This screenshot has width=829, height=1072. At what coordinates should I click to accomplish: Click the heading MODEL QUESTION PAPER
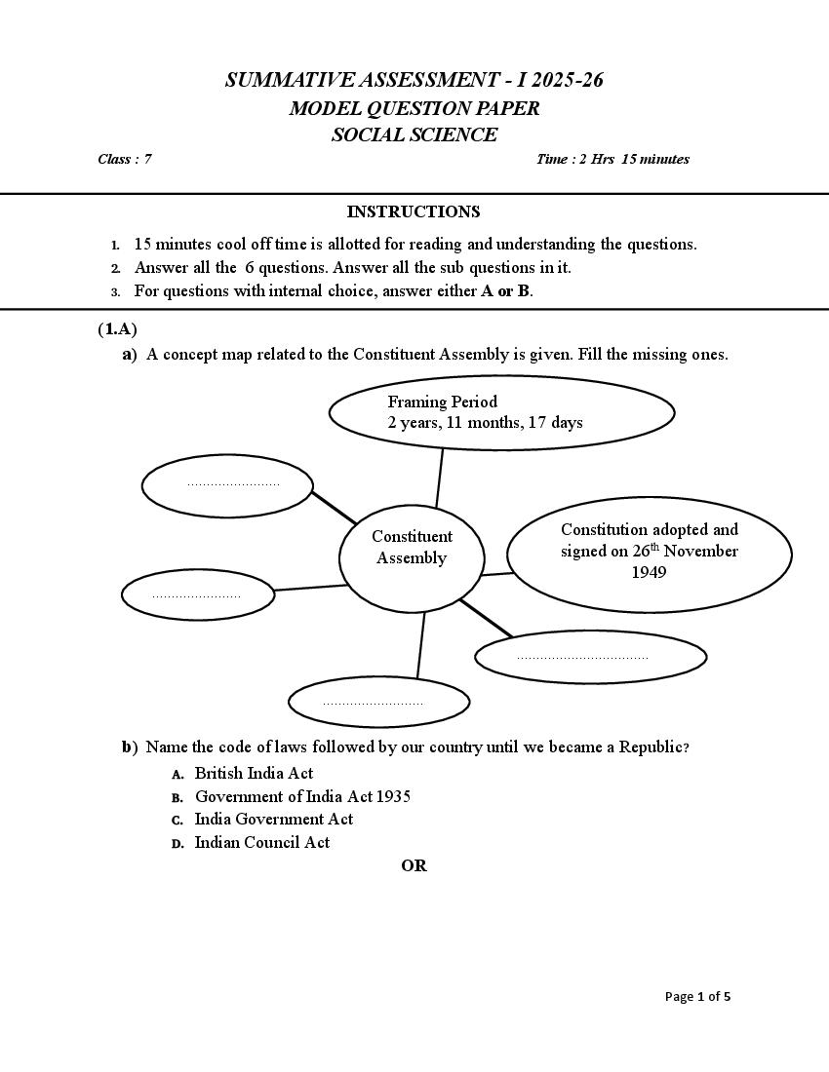click(414, 108)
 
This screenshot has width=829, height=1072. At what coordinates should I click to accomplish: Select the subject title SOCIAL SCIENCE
click(414, 135)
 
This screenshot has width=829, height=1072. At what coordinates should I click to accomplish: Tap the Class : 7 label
click(124, 159)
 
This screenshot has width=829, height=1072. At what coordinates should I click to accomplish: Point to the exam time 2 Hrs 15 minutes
click(612, 159)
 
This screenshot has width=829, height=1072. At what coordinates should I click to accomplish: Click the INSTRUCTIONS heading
click(414, 211)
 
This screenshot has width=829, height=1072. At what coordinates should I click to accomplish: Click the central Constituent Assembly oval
click(412, 556)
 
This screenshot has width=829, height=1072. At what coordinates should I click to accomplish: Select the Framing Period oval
click(501, 412)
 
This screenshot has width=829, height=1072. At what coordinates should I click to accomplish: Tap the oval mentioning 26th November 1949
click(649, 551)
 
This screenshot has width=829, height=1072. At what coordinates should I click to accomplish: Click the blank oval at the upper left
click(227, 484)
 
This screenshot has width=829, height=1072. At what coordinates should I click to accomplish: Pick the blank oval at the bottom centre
click(378, 702)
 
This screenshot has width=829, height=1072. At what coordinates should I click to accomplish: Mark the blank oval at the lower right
click(590, 658)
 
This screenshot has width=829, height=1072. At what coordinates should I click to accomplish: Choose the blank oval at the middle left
click(197, 594)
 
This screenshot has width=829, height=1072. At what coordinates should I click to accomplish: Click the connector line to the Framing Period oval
click(440, 478)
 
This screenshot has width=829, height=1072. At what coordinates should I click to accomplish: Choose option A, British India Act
click(254, 773)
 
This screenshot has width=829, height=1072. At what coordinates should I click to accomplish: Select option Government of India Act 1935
click(302, 796)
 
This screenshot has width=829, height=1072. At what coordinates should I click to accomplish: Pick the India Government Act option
click(273, 819)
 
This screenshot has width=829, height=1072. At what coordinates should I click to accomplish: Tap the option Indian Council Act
click(261, 842)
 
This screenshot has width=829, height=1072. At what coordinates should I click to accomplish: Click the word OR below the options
click(414, 865)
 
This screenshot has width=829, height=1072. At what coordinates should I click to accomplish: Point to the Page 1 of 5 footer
click(697, 996)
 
